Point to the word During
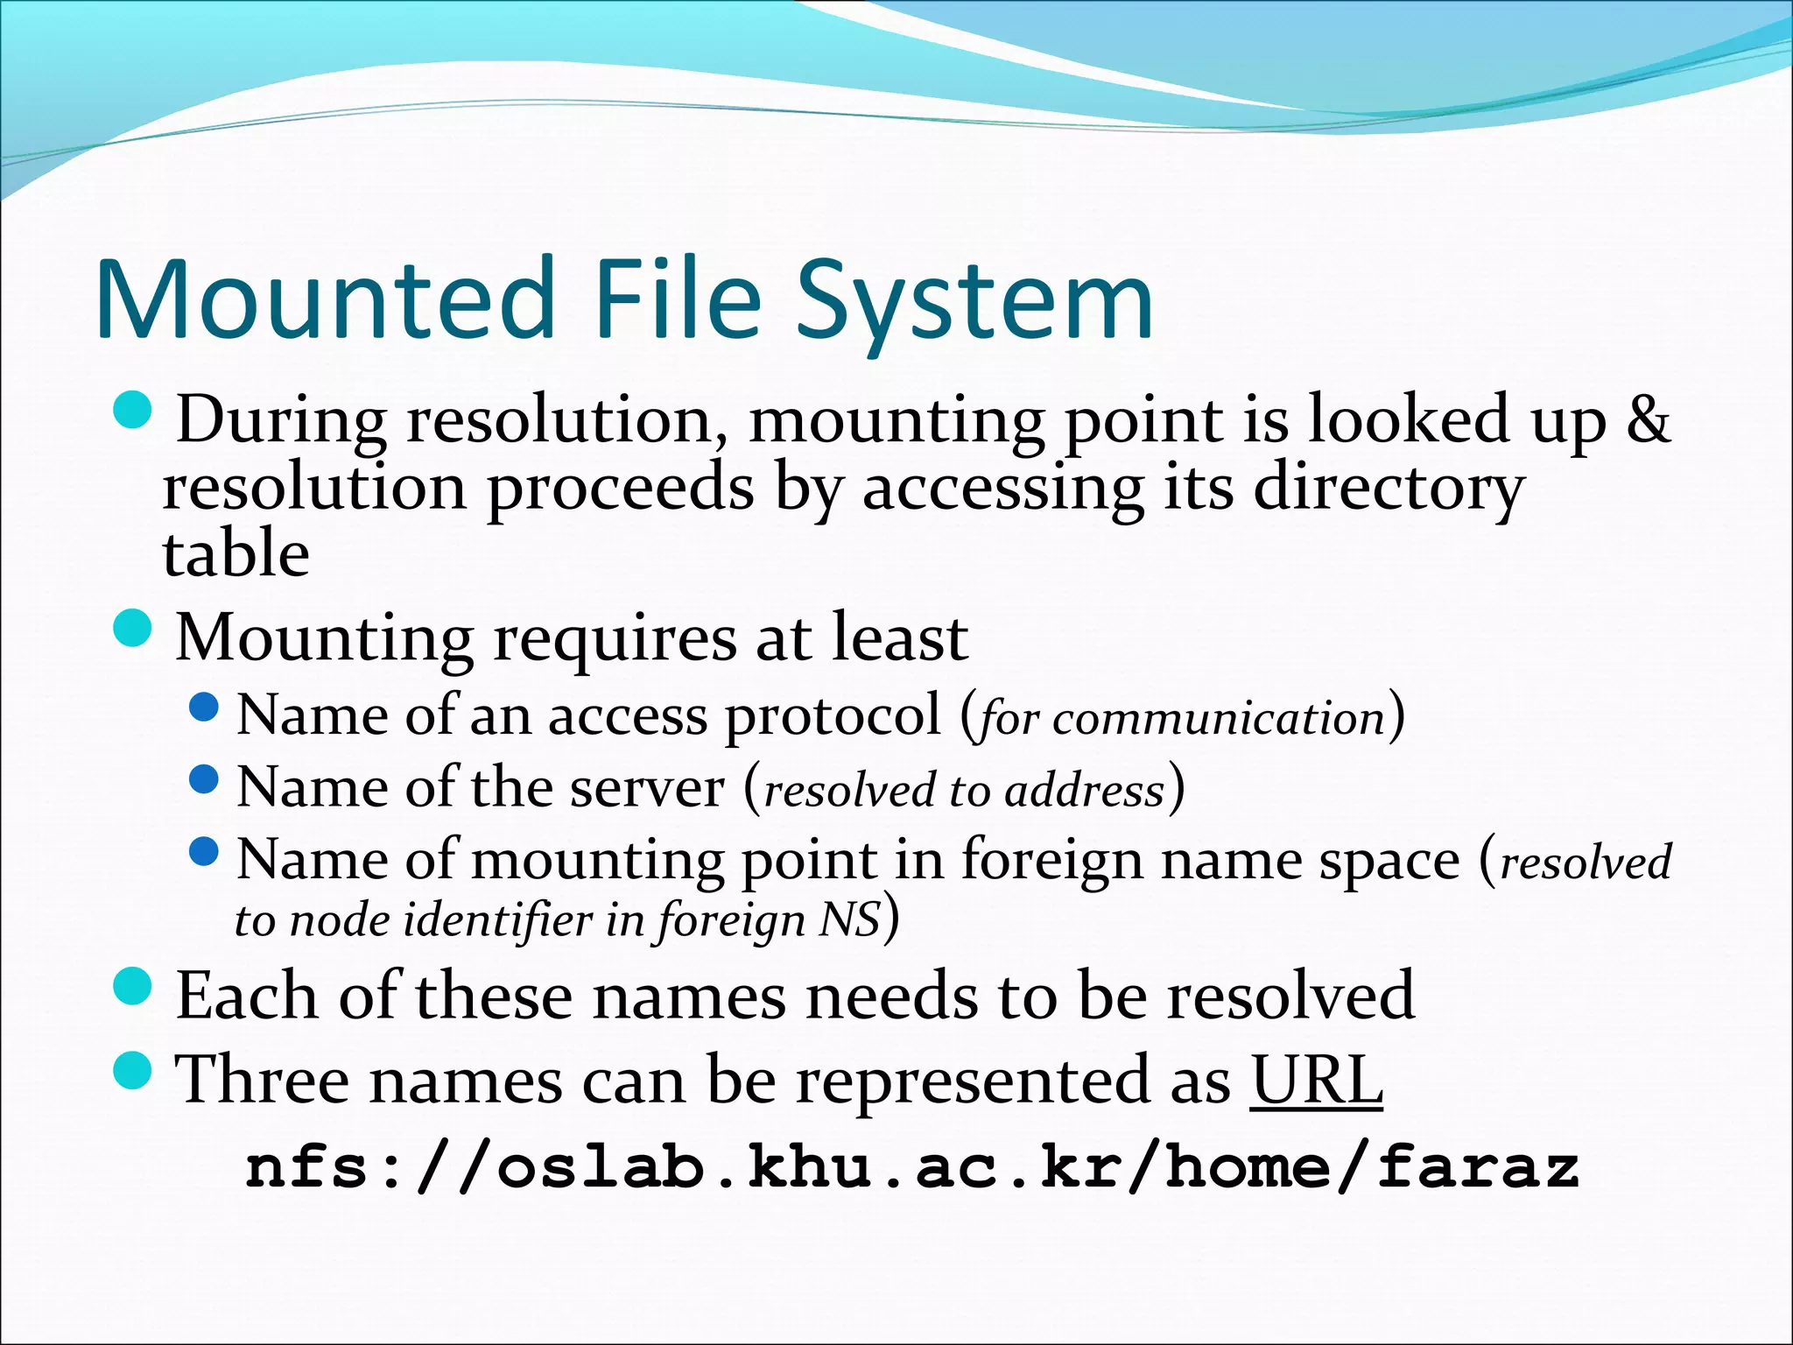click(x=281, y=420)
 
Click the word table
click(x=236, y=553)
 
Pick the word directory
click(x=1389, y=489)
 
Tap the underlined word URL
click(x=1316, y=1080)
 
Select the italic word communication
click(x=1220, y=719)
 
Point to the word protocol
click(x=833, y=716)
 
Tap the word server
click(x=647, y=788)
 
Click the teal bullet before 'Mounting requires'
click(x=133, y=629)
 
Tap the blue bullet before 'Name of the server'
click(x=204, y=778)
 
